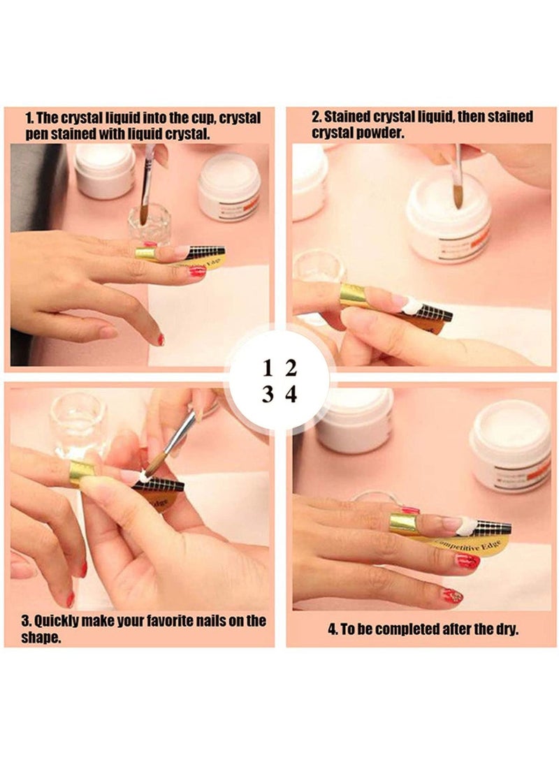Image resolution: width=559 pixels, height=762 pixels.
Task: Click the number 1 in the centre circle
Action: coord(268,369)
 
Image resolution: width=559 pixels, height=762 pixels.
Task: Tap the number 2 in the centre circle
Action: coord(291,369)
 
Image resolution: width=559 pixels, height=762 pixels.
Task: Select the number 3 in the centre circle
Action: coord(268,394)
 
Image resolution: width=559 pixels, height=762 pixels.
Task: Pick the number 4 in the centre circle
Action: coord(291,394)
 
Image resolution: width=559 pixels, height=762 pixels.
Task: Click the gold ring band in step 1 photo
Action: coord(145,254)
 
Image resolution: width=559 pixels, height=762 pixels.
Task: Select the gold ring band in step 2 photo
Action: coord(354,296)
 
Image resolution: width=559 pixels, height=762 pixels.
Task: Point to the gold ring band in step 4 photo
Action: coord(404,524)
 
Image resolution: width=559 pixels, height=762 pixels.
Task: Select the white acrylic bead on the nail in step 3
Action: coord(143,477)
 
